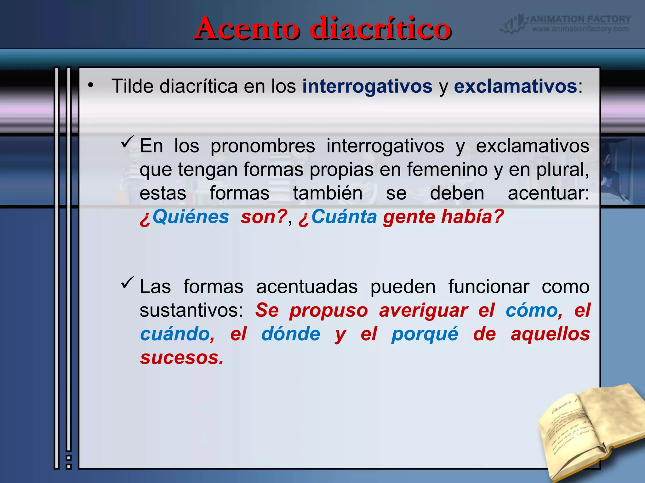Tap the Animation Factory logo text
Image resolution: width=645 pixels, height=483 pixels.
580,19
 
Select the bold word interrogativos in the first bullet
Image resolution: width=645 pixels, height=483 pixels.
367,86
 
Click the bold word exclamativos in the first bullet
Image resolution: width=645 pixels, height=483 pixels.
515,86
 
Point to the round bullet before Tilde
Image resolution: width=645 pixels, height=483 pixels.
91,85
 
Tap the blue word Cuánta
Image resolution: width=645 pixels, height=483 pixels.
344,217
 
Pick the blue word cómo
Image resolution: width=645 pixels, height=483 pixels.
532,311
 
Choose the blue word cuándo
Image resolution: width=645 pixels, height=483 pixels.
177,334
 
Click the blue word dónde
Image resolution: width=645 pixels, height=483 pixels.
291,334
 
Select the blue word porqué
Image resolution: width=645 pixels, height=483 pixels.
425,334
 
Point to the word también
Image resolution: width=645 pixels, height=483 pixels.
328,193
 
